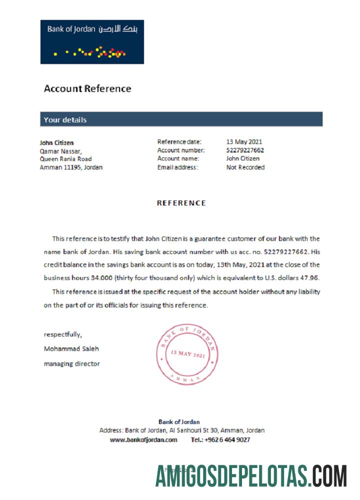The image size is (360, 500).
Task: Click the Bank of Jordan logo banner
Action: point(92,42)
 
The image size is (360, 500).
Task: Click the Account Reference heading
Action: point(87,89)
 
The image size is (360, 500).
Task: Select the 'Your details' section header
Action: point(65,120)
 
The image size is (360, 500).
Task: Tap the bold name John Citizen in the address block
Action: point(56,142)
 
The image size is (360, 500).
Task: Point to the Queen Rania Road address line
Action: point(65,159)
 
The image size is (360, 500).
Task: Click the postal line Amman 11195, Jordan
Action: point(71,167)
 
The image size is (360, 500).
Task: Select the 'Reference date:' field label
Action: point(179,142)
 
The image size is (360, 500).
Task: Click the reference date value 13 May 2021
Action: point(244,142)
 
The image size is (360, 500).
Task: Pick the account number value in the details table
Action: point(245,150)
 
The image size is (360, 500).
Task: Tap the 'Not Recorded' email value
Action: point(245,167)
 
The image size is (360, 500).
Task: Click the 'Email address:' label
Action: point(177,167)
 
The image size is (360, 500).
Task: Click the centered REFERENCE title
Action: point(181,203)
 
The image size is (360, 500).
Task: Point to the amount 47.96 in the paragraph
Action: point(310,277)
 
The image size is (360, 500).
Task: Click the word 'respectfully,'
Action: point(63,334)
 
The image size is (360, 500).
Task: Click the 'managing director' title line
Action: point(71,363)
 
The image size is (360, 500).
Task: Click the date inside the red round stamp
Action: point(187,353)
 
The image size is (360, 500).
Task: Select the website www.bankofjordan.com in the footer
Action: point(143,439)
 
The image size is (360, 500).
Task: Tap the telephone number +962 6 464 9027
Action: point(227,439)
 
